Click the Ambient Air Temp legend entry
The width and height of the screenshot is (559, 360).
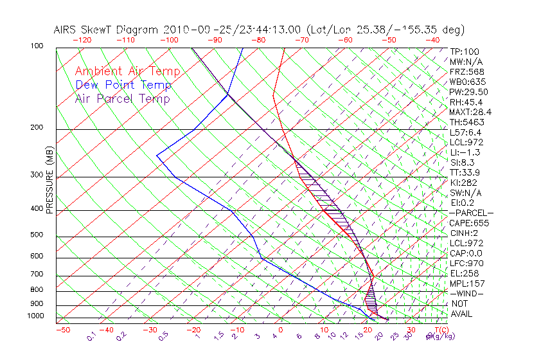click(127, 71)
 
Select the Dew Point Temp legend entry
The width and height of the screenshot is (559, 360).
click(123, 85)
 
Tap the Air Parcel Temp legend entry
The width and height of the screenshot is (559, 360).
click(122, 98)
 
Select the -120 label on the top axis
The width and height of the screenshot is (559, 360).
click(82, 40)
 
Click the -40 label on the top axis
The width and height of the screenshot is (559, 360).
click(432, 40)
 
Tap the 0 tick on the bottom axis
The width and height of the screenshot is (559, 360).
click(281, 330)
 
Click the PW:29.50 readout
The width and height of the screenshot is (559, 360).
click(469, 92)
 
